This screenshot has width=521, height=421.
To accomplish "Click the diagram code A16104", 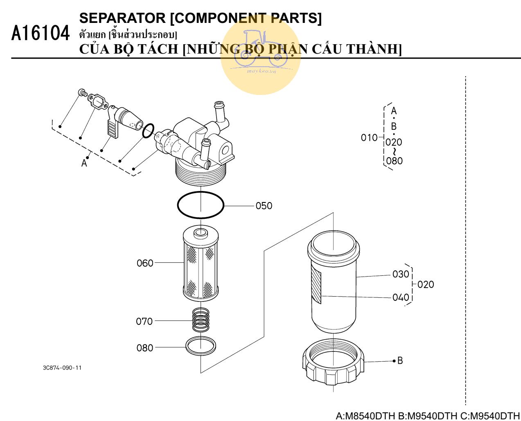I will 41,34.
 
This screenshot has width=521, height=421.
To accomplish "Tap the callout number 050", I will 264,206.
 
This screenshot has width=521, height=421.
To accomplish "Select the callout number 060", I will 145,263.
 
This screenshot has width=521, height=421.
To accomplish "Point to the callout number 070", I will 144,322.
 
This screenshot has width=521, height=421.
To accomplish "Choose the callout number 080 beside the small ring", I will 144,348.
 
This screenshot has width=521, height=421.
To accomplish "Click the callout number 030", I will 401,274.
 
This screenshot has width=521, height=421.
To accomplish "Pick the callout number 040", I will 401,297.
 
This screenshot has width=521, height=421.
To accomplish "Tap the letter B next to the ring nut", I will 400,360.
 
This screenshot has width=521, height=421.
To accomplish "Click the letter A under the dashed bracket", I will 84,163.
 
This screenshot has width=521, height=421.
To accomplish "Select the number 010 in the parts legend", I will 369,138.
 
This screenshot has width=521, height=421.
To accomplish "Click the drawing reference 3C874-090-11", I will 62,368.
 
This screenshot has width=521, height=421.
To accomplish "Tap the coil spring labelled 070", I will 201,320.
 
